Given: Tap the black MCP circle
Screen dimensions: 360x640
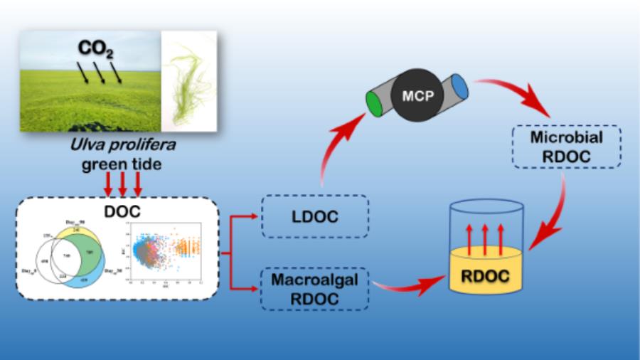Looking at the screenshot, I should point(412,95).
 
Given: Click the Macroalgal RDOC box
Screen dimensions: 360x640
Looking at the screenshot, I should point(315,288).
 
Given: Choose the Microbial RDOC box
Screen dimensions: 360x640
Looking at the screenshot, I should point(566,147).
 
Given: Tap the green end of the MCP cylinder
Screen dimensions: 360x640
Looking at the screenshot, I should point(374,104).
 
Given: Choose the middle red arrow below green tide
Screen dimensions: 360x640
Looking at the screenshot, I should point(122,185).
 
